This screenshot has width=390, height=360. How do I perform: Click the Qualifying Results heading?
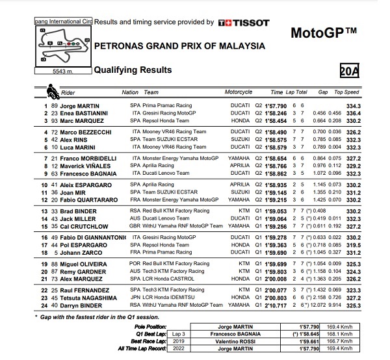pos(133,70)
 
